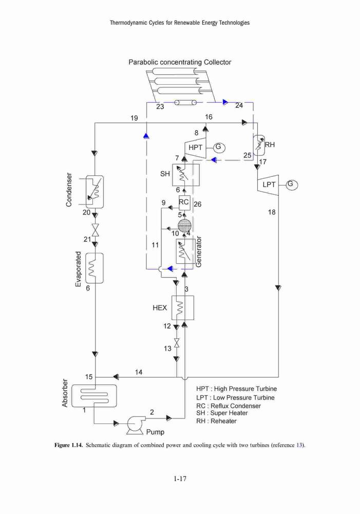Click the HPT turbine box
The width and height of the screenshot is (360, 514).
click(196, 148)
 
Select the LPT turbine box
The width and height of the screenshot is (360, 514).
click(268, 185)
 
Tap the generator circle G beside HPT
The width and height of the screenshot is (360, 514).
click(219, 148)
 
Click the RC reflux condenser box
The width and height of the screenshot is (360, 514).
click(184, 202)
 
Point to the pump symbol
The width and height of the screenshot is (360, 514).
click(135, 425)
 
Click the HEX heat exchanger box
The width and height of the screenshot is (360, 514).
click(183, 307)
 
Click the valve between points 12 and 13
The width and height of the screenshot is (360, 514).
click(177, 343)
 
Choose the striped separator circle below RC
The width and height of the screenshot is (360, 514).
click(184, 225)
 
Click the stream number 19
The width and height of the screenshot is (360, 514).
click(134, 118)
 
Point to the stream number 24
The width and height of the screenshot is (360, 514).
click(239, 105)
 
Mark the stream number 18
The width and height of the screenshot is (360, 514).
click(272, 212)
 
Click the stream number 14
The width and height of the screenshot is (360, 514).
click(139, 372)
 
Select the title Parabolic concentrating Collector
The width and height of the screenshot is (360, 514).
click(180, 62)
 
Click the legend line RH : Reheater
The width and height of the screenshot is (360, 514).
click(216, 421)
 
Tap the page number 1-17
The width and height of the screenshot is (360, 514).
click(180, 479)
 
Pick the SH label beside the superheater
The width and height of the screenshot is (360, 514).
click(165, 174)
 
